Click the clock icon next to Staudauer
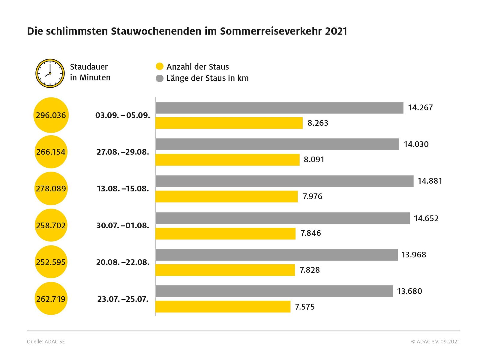[x=50, y=73]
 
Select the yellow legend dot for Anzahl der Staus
[x=160, y=66]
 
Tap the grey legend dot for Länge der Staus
[x=160, y=78]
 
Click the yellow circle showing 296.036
[x=51, y=115]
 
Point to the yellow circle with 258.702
[x=51, y=225]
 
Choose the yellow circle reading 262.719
[x=51, y=299]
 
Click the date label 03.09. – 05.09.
[x=123, y=115]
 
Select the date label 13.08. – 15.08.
[x=123, y=189]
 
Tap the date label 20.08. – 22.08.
[x=123, y=262]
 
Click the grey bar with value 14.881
[x=284, y=181]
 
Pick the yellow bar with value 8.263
[x=229, y=123]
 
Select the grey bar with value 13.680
[x=274, y=291]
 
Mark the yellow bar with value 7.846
[x=225, y=233]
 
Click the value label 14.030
[x=416, y=144]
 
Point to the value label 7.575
[x=305, y=307]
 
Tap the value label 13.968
[x=414, y=255]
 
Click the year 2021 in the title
[x=336, y=31]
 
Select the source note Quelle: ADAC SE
[x=46, y=341]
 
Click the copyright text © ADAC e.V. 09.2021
[x=435, y=341]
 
